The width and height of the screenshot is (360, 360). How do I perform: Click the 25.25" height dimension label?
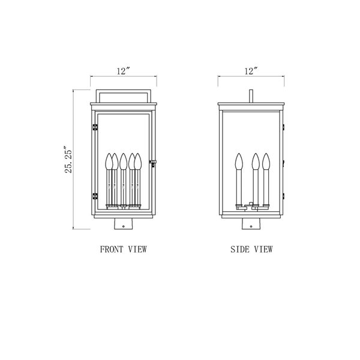click(x=68, y=159)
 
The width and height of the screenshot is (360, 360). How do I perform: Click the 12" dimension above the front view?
click(x=123, y=71)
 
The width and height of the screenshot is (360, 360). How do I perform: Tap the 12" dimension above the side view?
click(x=251, y=71)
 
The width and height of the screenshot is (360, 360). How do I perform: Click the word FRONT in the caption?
click(x=112, y=249)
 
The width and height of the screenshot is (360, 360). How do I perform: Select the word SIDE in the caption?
click(x=239, y=249)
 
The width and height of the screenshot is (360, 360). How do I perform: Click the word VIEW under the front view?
click(x=137, y=249)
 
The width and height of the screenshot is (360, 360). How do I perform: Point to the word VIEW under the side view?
click(x=263, y=249)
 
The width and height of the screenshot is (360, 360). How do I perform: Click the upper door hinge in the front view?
click(x=95, y=127)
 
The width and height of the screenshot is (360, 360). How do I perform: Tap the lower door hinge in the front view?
click(x=95, y=196)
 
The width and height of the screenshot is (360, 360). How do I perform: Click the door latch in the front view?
click(x=152, y=163)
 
